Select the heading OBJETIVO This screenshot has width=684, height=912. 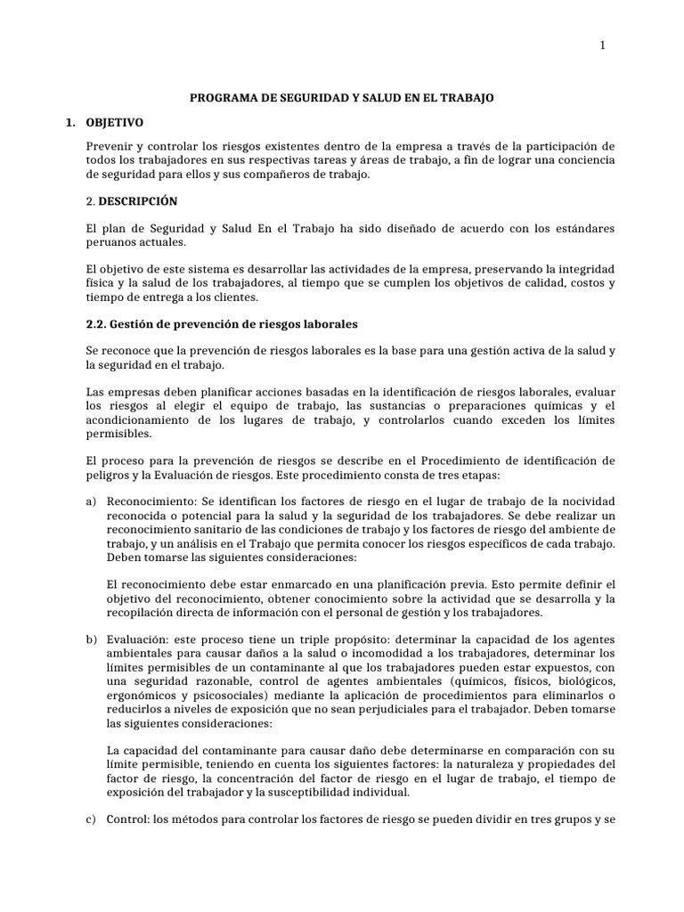click(114, 121)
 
